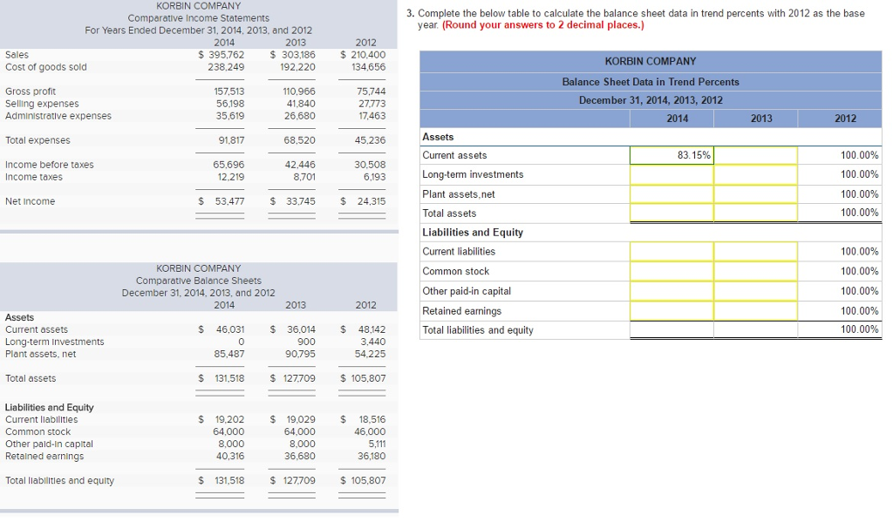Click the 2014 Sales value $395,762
pos(222,54)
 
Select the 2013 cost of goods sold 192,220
pos(297,67)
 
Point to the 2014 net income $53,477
pos(222,201)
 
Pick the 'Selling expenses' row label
pos(42,104)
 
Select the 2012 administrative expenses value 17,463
pos(371,116)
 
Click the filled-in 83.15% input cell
pos(671,155)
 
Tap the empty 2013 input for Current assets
pos(755,155)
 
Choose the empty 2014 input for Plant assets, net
pos(671,194)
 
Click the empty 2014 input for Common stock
pos(671,271)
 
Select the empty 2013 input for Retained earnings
pos(755,311)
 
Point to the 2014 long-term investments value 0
pos(240,342)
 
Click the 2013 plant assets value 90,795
pos(300,354)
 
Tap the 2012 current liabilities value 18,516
pos(370,419)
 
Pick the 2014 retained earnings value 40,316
pos(229,456)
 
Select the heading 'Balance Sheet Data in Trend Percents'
pos(651,82)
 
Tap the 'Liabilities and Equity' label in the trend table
pos(473,233)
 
